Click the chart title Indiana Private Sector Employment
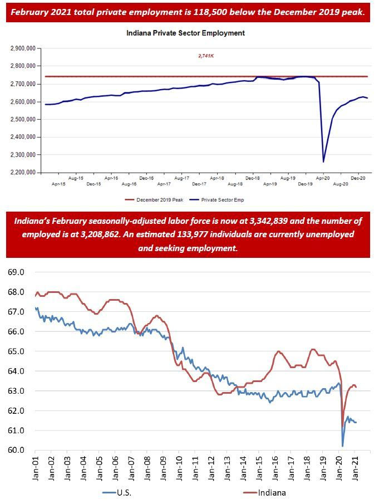tap(186, 33)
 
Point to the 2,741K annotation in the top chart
tap(206, 56)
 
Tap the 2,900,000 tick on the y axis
tap(23, 48)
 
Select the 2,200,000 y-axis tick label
tap(23, 173)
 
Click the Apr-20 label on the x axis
tap(323, 178)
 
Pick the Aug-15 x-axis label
tap(76, 178)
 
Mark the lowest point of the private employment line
tap(323, 162)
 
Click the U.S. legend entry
tap(119, 492)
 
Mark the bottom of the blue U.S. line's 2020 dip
tap(342, 446)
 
